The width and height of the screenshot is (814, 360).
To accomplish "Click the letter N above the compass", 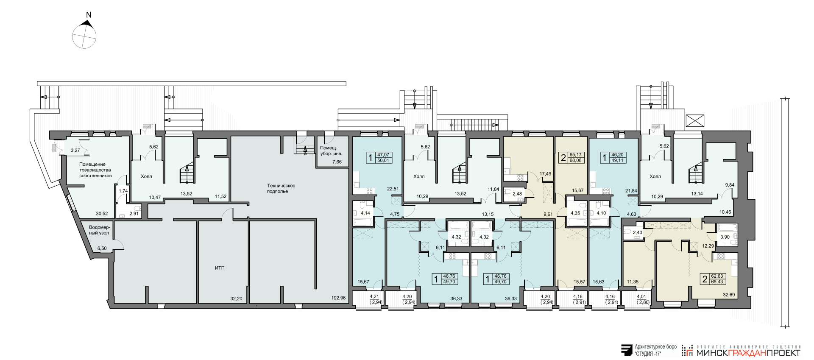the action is pyautogui.click(x=89, y=15).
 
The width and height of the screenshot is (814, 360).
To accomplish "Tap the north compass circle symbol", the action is pyautogui.click(x=84, y=36).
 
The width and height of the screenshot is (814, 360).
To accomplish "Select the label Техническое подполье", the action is pyautogui.click(x=281, y=188).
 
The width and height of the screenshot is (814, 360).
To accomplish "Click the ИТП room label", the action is pyautogui.click(x=220, y=268).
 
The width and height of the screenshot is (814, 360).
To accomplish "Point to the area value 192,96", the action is pyautogui.click(x=338, y=298).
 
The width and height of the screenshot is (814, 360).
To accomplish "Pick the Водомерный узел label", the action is pyautogui.click(x=100, y=230).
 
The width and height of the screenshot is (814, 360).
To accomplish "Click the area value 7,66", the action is pyautogui.click(x=337, y=162).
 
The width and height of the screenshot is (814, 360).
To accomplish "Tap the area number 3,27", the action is pyautogui.click(x=75, y=151).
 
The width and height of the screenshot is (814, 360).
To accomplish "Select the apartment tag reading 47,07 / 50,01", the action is pyautogui.click(x=379, y=158).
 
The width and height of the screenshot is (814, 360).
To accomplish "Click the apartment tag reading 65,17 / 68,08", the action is pyautogui.click(x=571, y=158).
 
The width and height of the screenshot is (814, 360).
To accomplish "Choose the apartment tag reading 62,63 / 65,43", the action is pyautogui.click(x=713, y=279).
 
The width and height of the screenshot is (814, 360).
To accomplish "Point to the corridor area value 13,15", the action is pyautogui.click(x=488, y=214).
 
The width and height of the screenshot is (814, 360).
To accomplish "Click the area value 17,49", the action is pyautogui.click(x=545, y=174).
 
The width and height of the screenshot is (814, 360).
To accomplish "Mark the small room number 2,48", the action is pyautogui.click(x=517, y=194).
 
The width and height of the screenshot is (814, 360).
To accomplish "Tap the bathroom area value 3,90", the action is pyautogui.click(x=725, y=237).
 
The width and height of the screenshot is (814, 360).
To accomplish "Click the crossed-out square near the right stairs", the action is pyautogui.click(x=695, y=121).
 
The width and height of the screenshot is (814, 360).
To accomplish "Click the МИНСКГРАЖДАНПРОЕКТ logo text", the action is pyautogui.click(x=748, y=352).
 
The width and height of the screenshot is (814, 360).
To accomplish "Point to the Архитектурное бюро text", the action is pyautogui.click(x=655, y=347).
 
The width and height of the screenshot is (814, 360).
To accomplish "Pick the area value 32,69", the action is pyautogui.click(x=729, y=295).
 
